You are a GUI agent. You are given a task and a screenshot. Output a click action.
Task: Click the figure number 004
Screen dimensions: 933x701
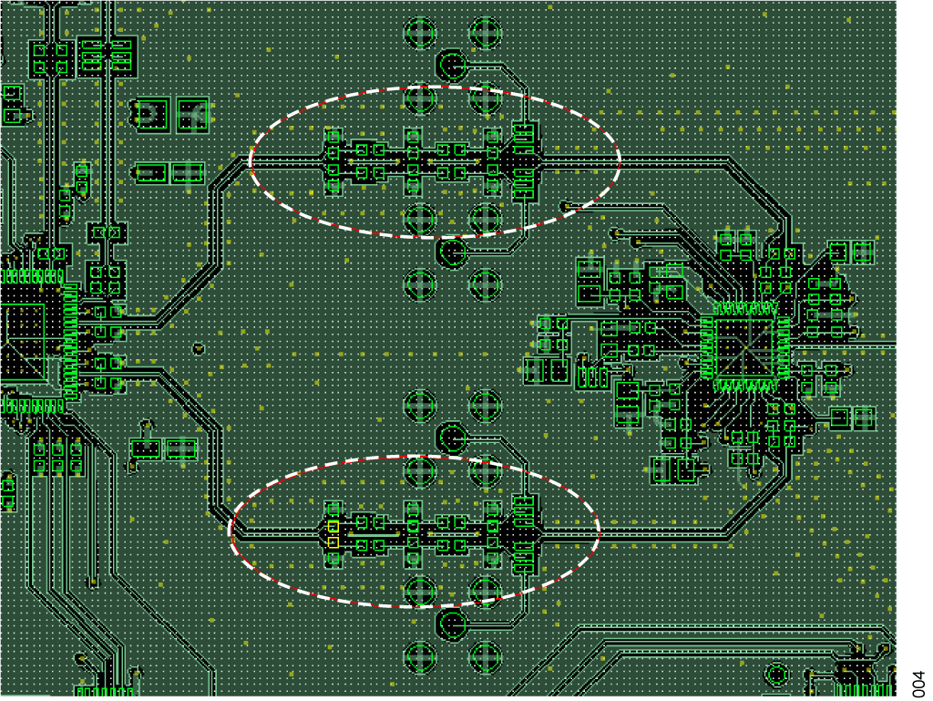pyautogui.click(x=919, y=684)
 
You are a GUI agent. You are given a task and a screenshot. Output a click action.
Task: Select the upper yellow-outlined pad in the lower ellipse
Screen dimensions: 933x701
pyautogui.click(x=333, y=527)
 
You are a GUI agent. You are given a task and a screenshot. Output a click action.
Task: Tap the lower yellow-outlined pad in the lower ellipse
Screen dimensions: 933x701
pyautogui.click(x=333, y=542)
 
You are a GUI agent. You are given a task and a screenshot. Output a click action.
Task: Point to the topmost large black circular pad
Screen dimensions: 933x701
pyautogui.click(x=452, y=65)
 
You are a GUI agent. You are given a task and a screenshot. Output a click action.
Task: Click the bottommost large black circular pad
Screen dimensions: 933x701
pyautogui.click(x=452, y=624)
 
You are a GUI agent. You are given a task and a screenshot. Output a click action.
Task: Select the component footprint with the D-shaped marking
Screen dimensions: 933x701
pyautogui.click(x=152, y=114)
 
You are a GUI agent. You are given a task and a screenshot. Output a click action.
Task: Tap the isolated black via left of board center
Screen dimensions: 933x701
pyautogui.click(x=199, y=349)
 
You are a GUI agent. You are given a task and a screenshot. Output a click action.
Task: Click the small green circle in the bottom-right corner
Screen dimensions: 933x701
pyautogui.click(x=777, y=675)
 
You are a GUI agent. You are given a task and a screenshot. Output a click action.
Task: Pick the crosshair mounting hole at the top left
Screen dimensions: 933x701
pyautogui.click(x=420, y=32)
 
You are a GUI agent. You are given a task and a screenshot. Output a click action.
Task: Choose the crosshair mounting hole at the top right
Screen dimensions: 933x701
pyautogui.click(x=485, y=32)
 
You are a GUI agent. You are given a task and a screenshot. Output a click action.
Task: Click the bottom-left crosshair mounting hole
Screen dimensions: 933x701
pyautogui.click(x=420, y=657)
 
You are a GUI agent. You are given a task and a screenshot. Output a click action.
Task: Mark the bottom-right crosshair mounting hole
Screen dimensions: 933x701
pyautogui.click(x=485, y=657)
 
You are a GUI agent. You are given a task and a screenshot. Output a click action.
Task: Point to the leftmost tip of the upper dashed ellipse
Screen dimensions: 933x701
pyautogui.click(x=250, y=160)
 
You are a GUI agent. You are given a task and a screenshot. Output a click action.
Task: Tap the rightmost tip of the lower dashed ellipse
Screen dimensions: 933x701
pyautogui.click(x=600, y=530)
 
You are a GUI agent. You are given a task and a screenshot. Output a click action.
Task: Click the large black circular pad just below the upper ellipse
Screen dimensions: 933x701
pyautogui.click(x=452, y=253)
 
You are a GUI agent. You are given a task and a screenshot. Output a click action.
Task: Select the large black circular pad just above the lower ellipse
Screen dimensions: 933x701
pyautogui.click(x=452, y=438)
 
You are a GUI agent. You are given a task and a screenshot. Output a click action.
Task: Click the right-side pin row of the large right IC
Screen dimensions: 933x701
pyautogui.click(x=784, y=348)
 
